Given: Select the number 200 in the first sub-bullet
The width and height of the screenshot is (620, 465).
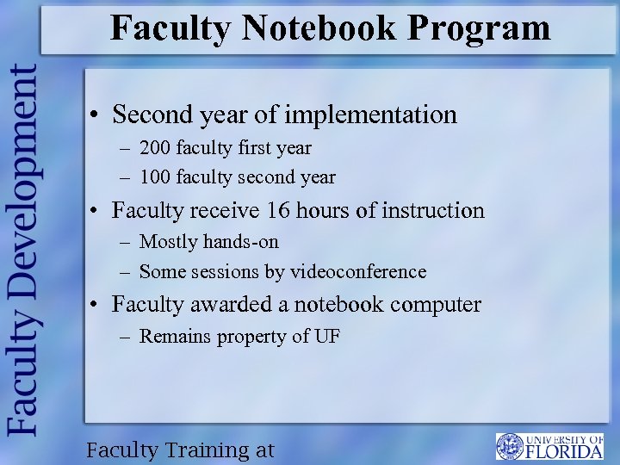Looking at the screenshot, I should pos(155,148).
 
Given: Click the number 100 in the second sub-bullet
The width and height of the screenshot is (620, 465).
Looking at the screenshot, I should pos(155,177).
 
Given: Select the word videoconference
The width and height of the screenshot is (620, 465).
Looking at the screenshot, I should pos(357,272).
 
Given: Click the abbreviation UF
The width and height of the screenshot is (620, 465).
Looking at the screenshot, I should pos(327,337).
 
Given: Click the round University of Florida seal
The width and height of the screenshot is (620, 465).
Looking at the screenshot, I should pos(510,446).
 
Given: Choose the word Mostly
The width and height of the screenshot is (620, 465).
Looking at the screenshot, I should pos(168,242).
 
